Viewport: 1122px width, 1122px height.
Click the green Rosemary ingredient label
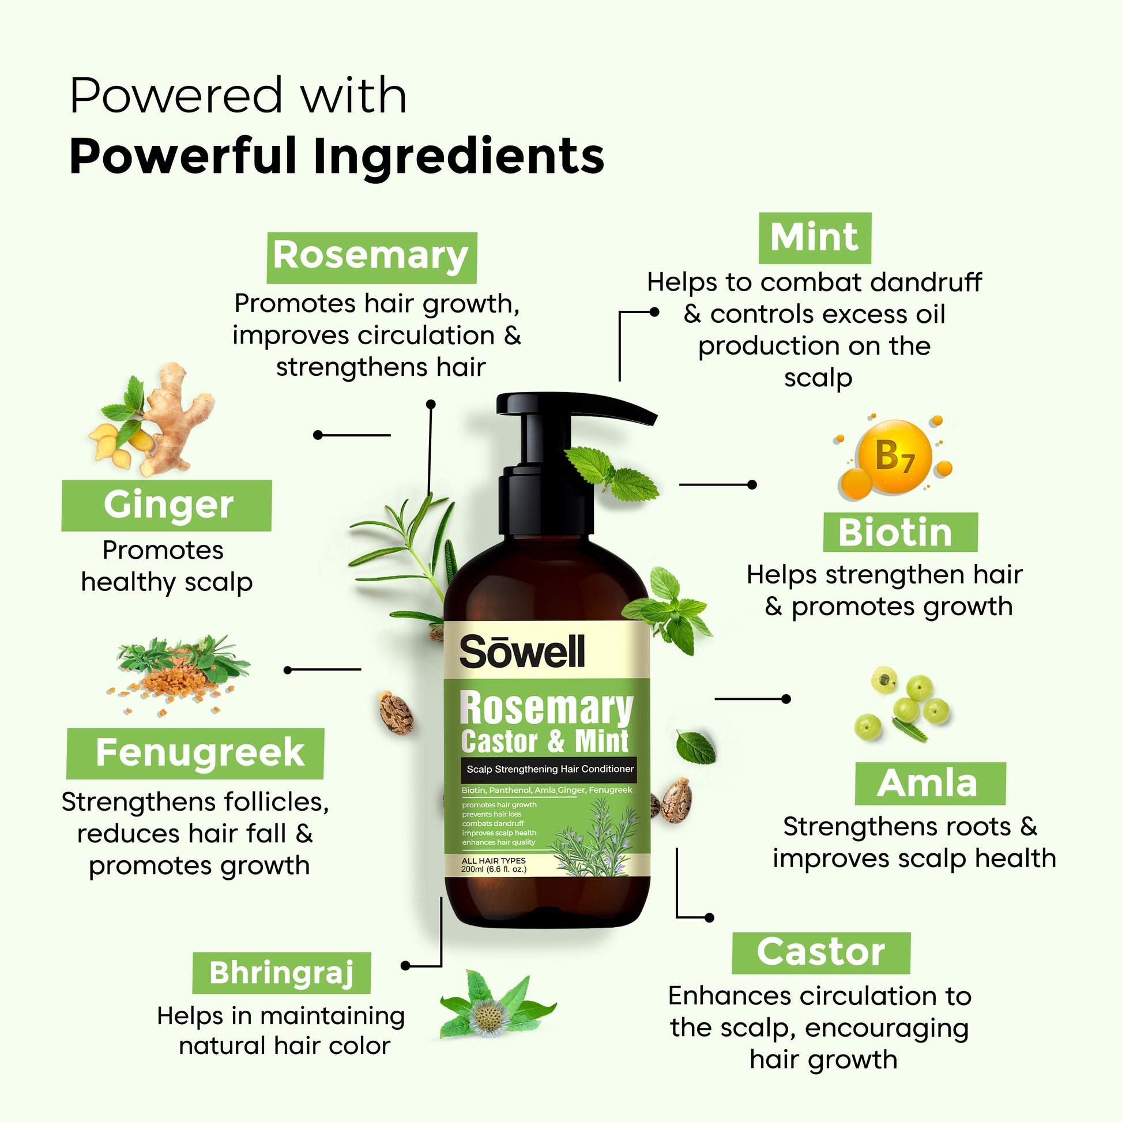[372, 258]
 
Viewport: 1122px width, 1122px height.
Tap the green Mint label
[815, 238]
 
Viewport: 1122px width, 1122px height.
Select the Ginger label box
[167, 505]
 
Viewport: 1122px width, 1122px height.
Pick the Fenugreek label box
[195, 753]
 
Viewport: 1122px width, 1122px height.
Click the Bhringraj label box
[282, 973]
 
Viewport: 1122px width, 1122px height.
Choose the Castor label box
[821, 953]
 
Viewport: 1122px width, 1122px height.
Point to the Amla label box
[931, 784]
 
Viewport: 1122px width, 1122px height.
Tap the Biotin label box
[900, 532]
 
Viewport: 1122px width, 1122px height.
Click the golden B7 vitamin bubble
[894, 458]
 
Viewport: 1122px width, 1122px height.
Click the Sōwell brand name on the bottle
[522, 651]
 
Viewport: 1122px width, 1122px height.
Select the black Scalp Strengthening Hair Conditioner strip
[549, 770]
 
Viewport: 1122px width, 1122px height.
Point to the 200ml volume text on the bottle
[494, 869]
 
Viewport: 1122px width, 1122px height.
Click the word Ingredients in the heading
[459, 157]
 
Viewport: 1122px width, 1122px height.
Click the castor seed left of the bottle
[397, 713]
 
